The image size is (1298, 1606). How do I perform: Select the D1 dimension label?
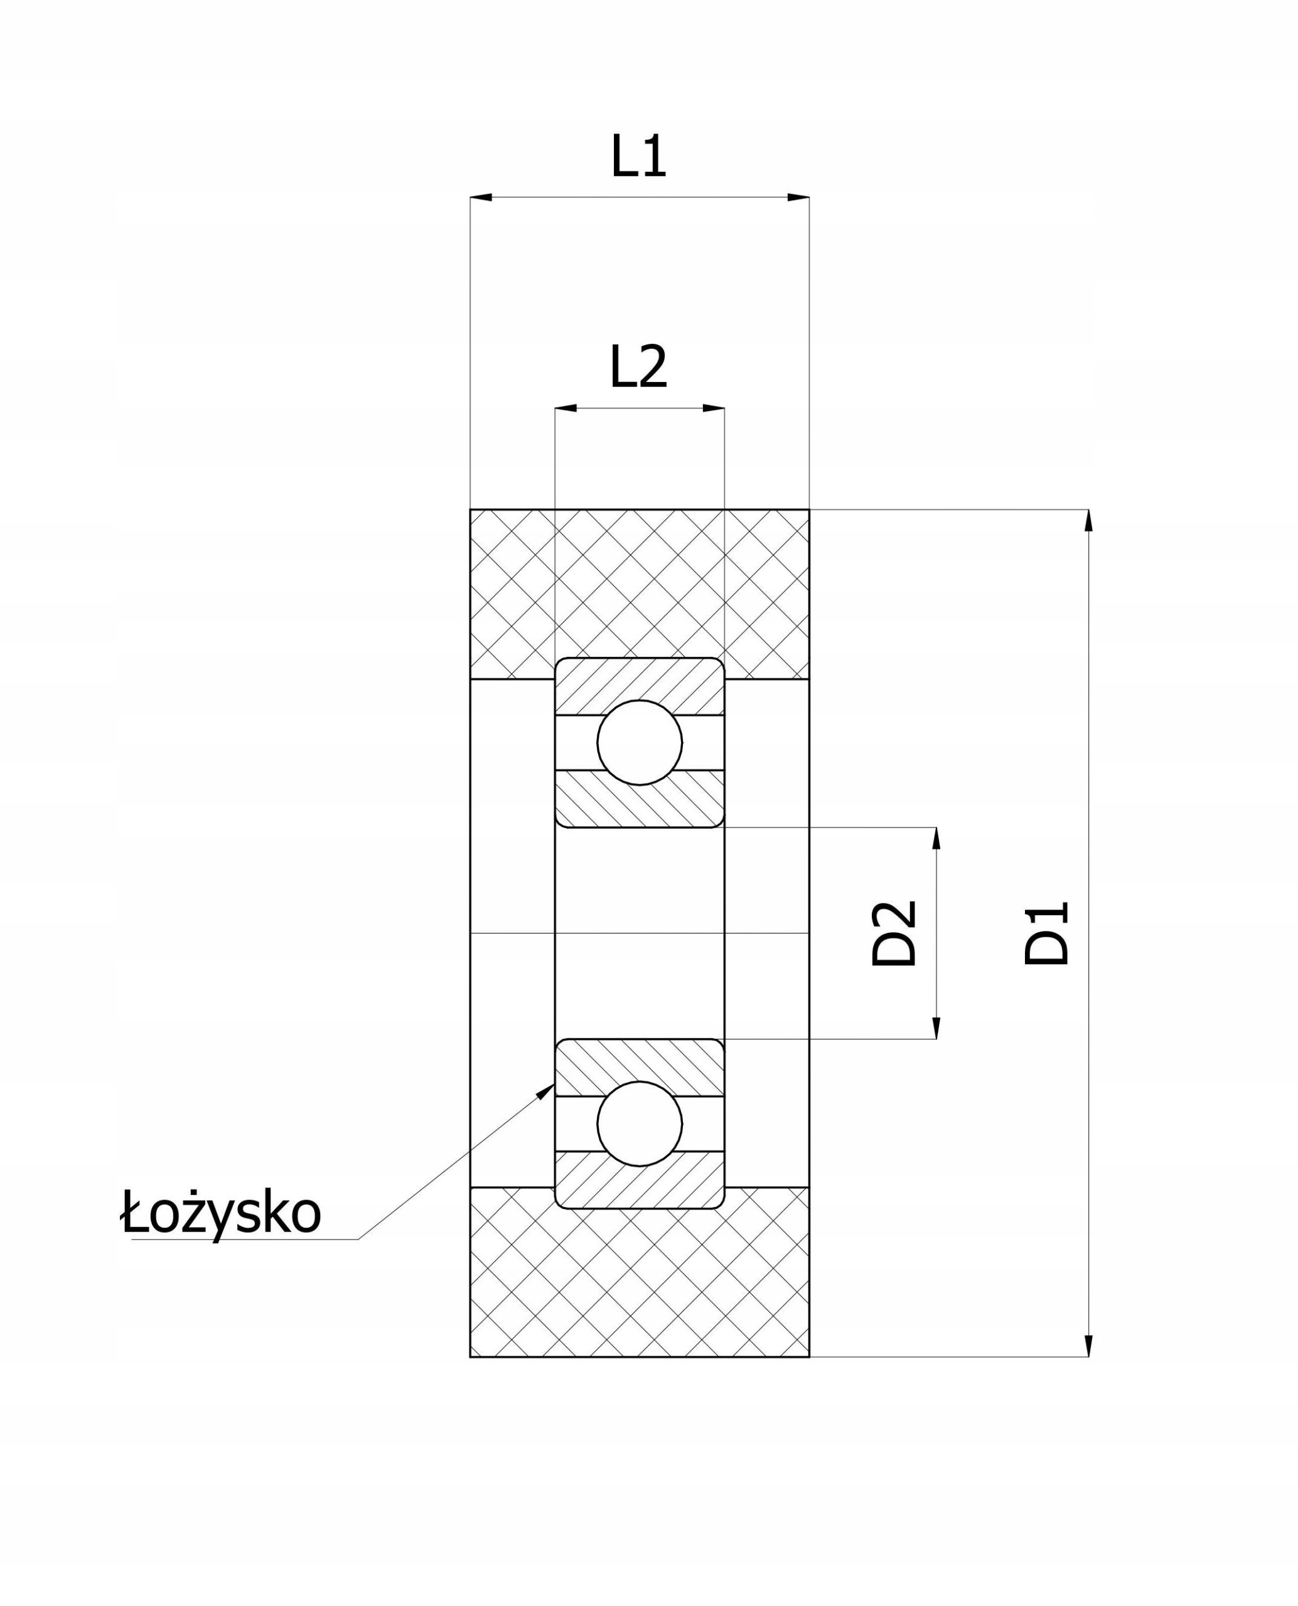click(1047, 933)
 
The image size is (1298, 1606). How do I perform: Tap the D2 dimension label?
click(894, 933)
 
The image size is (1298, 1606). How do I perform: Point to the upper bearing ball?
click(640, 742)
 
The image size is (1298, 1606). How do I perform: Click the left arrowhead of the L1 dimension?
click(481, 197)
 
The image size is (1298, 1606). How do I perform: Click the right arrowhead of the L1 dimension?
click(798, 197)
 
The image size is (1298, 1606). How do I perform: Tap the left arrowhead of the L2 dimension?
click(566, 408)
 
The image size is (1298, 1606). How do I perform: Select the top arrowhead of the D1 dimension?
click(1088, 521)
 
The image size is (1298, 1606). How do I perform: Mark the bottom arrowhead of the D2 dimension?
click(936, 1028)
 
